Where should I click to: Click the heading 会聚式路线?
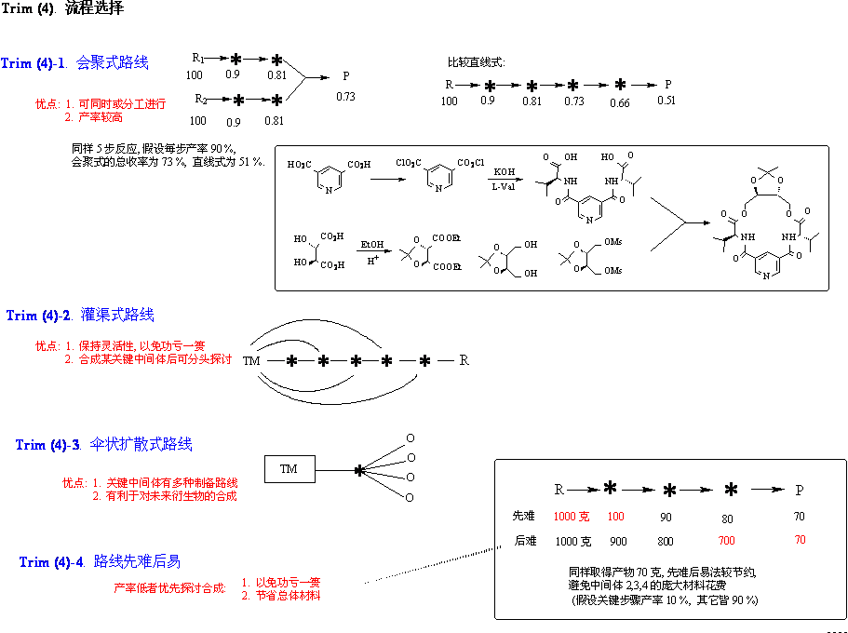click(x=112, y=63)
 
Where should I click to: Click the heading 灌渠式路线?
click(x=117, y=315)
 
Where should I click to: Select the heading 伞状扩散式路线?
click(x=141, y=444)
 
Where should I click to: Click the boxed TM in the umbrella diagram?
click(x=289, y=469)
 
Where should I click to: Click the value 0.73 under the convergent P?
click(x=345, y=96)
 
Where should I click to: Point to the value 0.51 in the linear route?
click(x=666, y=101)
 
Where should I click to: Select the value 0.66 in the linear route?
click(x=620, y=103)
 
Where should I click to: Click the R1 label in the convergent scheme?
click(x=197, y=57)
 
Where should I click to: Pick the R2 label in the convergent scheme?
click(x=200, y=99)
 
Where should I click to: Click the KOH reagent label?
click(x=504, y=172)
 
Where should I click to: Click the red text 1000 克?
click(x=572, y=516)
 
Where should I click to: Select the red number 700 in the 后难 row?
click(x=726, y=541)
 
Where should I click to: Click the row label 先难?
click(x=524, y=516)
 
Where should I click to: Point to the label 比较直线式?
click(x=476, y=61)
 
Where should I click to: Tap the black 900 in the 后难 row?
click(x=617, y=541)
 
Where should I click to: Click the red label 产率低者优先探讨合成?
click(x=170, y=587)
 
